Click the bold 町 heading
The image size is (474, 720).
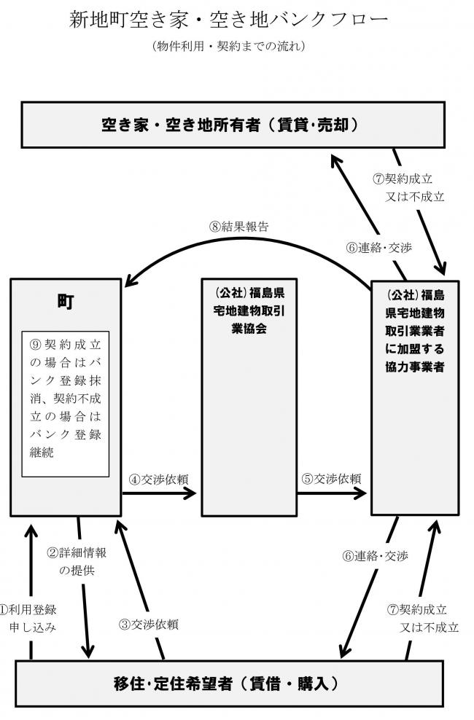65,301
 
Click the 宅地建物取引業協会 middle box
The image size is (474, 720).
249,313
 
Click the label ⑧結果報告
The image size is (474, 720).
238,226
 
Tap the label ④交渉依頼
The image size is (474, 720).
160,479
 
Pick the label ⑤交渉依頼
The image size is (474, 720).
332,479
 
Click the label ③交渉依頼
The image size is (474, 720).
149,625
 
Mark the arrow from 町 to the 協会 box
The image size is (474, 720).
160,493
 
